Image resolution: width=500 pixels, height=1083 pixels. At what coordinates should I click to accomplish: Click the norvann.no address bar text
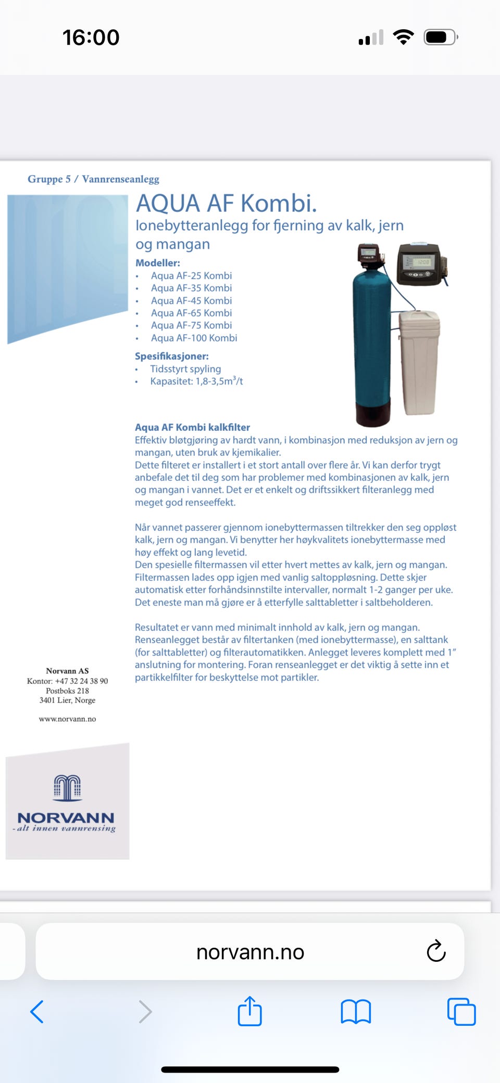(250, 952)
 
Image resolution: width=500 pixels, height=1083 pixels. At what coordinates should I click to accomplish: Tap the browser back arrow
(37, 1012)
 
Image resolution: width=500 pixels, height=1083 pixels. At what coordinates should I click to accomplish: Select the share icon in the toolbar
(249, 1011)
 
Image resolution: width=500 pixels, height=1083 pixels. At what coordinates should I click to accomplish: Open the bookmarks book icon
(356, 1012)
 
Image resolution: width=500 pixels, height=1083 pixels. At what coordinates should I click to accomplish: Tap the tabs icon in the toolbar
(461, 1012)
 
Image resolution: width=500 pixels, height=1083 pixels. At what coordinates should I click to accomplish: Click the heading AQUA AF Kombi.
(226, 203)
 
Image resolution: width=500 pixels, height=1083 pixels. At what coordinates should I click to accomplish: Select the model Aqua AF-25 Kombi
(191, 275)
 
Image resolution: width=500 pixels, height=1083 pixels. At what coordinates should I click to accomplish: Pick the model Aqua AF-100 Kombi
(194, 338)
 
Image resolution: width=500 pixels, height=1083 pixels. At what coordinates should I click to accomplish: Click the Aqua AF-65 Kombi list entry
(191, 313)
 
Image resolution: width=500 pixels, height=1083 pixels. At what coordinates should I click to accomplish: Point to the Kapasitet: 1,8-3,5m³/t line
(196, 381)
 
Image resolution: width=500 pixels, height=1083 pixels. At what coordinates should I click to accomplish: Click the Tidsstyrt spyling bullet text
(185, 368)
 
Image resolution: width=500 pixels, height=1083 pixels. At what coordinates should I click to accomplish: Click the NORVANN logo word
(66, 818)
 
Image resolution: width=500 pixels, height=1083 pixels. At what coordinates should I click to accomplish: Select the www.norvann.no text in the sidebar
(67, 719)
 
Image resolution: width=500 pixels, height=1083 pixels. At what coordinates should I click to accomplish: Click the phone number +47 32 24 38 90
(81, 681)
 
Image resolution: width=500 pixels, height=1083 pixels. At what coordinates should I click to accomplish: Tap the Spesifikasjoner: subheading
(171, 356)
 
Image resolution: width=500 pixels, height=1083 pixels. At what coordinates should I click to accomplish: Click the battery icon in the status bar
(441, 37)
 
